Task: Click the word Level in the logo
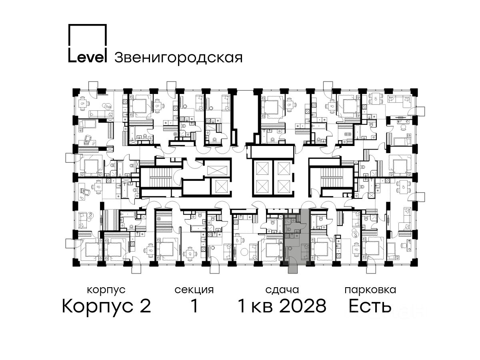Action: coord(88,57)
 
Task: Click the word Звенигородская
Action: coord(178,58)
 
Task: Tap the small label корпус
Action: coord(106,290)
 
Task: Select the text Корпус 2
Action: coord(106,306)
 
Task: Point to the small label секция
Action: coord(194,290)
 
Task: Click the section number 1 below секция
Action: coord(194,306)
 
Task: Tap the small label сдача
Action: coord(282,290)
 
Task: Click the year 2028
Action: coord(303,306)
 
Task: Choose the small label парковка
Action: coord(370,290)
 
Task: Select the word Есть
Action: coord(370,306)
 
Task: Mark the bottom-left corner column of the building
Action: coord(76,262)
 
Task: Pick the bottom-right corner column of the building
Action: coord(414,262)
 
